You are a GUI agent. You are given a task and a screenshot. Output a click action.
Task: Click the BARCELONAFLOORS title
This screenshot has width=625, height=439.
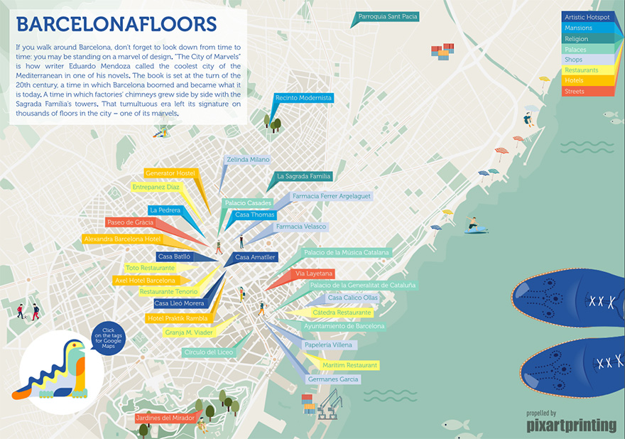pos(116,25)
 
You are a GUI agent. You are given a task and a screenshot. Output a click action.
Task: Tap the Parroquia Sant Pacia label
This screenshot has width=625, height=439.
pos(388,16)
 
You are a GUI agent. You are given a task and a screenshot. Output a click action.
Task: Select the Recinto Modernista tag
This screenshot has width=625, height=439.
pos(303,97)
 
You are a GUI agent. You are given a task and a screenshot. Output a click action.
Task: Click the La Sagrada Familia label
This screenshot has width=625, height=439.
pos(304,176)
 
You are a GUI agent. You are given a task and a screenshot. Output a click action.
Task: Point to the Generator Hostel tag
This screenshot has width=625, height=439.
pos(170,173)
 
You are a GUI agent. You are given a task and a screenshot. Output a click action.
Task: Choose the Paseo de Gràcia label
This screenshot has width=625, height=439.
pos(131,222)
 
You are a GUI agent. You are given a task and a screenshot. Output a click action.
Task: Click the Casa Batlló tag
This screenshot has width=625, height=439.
pos(174,256)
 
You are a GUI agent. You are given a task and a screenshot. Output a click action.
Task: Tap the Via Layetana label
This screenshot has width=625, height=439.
pos(313,273)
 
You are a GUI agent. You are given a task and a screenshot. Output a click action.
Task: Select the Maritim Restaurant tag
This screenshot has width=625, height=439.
pos(349,365)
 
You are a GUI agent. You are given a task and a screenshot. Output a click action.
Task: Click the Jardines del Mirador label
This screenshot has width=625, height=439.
pos(165,418)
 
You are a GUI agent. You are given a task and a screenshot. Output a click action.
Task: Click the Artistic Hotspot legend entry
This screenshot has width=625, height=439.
pos(587,17)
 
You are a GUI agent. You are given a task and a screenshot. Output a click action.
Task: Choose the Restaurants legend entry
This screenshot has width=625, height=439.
pos(587,70)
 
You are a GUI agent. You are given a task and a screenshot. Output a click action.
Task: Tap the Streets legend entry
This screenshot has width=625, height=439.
pos(587,92)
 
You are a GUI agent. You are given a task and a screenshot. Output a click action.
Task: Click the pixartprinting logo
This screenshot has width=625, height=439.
pos(571,426)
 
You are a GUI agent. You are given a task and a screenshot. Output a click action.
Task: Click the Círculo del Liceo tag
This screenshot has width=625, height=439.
pos(207,352)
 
